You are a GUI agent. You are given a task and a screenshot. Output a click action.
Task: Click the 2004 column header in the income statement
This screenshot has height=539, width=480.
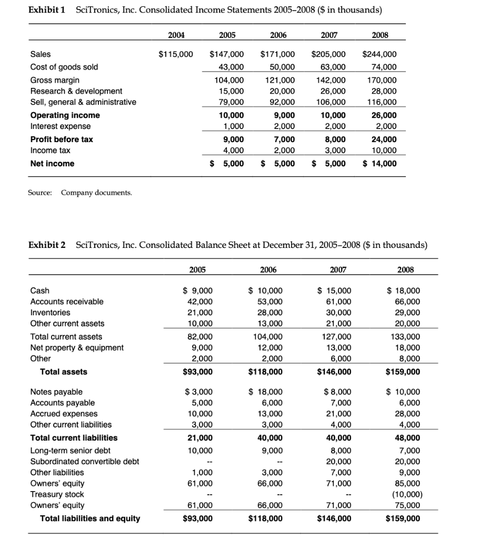click(176, 35)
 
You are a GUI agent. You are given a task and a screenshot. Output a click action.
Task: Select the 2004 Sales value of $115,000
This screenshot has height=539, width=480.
click(176, 54)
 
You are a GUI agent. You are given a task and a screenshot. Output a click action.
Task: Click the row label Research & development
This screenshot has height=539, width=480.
click(76, 91)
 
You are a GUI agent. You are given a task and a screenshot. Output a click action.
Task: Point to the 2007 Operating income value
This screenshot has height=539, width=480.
click(329, 115)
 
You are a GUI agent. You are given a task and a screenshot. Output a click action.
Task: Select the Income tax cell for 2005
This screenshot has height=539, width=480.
click(227, 151)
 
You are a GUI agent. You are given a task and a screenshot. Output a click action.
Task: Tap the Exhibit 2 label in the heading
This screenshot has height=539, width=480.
click(48, 245)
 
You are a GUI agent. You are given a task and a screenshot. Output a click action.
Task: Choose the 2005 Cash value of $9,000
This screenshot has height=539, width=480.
click(197, 291)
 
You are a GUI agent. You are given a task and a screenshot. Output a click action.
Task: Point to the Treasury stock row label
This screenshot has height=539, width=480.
click(57, 494)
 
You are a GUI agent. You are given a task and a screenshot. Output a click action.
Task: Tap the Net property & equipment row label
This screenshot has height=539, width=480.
click(77, 347)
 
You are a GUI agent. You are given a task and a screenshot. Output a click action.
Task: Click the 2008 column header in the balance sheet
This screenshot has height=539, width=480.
click(405, 269)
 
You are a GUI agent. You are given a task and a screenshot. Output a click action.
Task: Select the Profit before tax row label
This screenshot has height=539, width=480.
click(62, 139)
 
